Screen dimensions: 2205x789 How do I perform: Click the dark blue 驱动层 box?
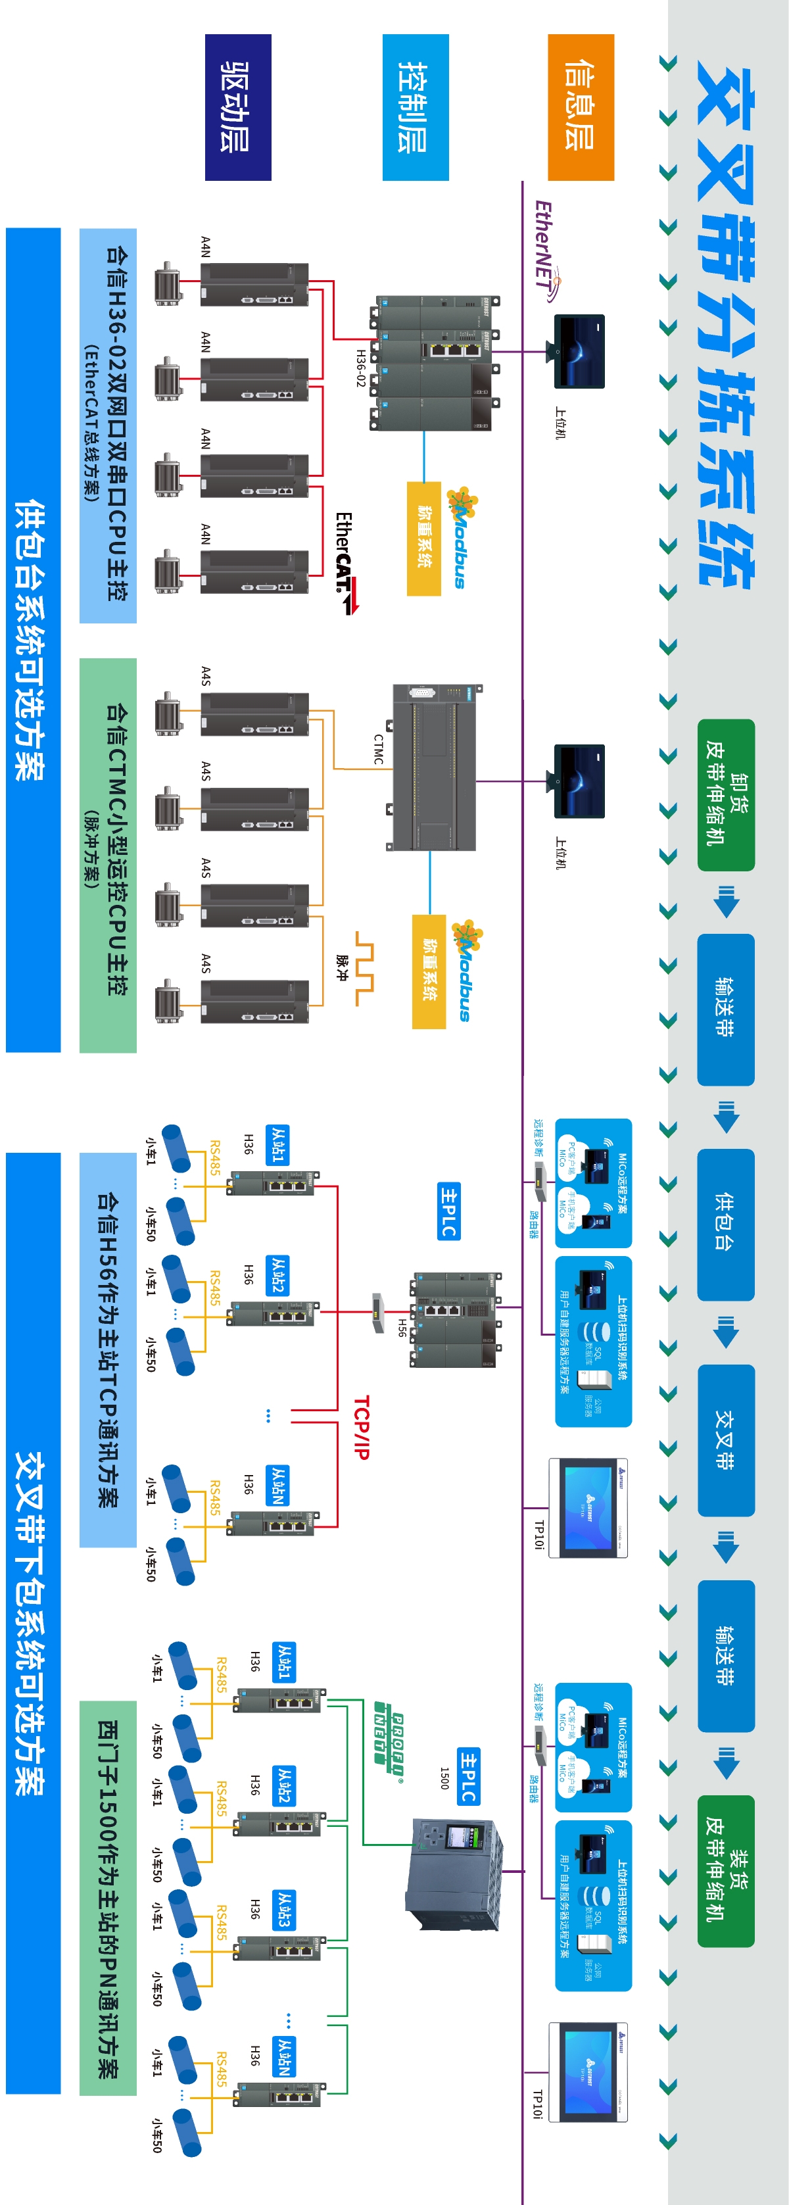pyautogui.click(x=238, y=107)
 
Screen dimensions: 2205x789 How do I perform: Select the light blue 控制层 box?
pyautogui.click(x=415, y=107)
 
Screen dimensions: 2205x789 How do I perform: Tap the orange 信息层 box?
pyautogui.click(x=580, y=107)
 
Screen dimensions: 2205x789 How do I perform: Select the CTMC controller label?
pyautogui.click(x=378, y=749)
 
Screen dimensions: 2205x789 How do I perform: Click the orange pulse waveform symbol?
pyautogui.click(x=364, y=967)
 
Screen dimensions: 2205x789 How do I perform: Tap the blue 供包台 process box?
pyautogui.click(x=726, y=1224)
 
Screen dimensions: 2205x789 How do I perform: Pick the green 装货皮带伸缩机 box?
pyautogui.click(x=726, y=1871)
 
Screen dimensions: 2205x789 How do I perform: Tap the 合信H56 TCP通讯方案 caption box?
pyautogui.click(x=108, y=1349)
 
